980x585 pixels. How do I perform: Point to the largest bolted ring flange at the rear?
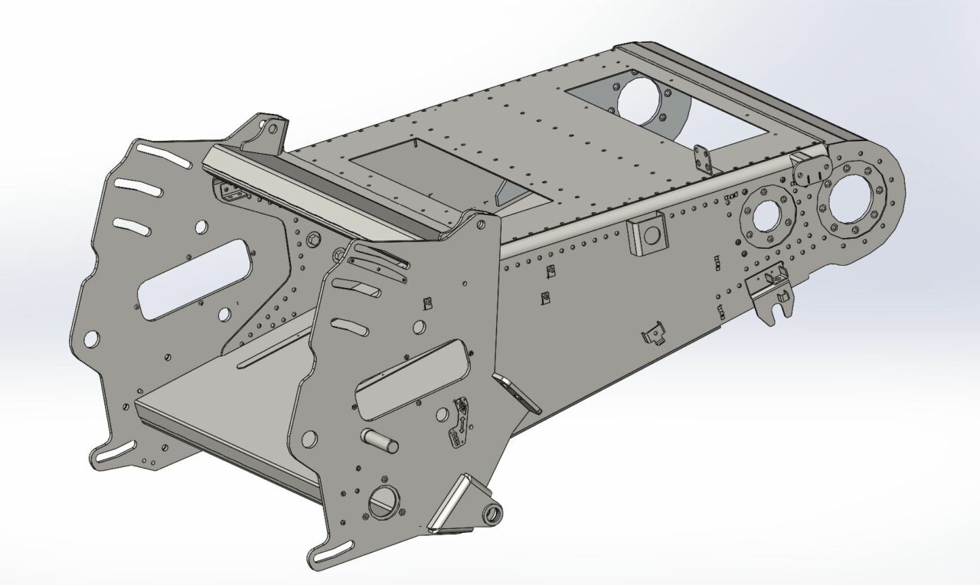[856, 200]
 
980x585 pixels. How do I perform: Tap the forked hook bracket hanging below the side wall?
[773, 295]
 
